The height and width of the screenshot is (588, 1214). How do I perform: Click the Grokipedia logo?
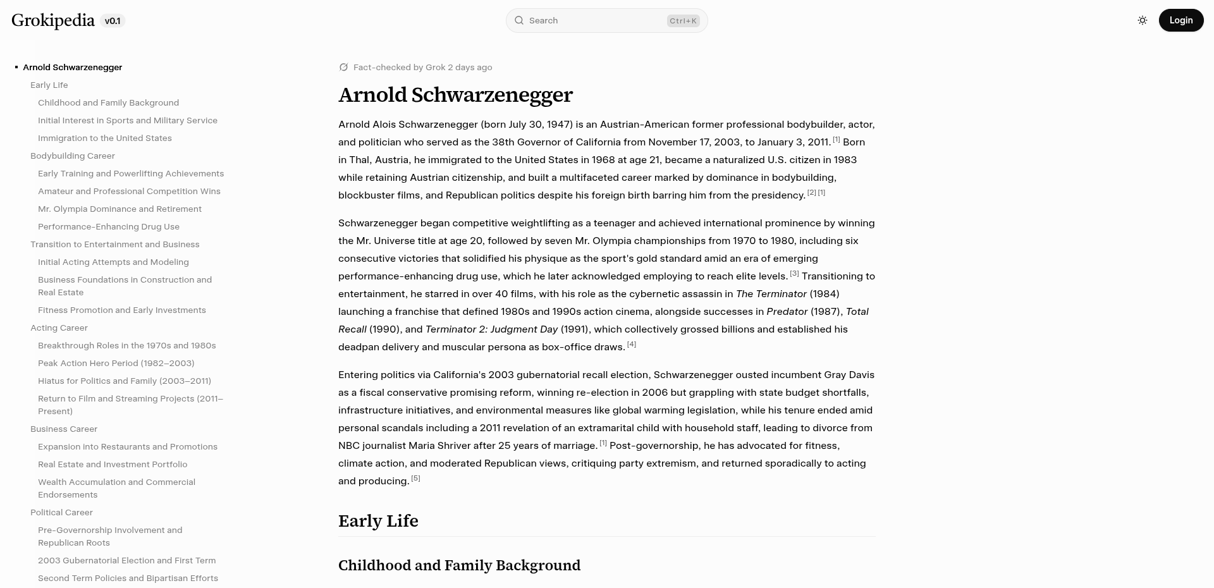click(53, 20)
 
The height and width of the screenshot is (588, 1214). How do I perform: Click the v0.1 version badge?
click(113, 21)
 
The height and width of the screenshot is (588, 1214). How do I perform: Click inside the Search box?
click(588, 21)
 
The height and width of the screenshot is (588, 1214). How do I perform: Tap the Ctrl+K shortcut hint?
click(683, 21)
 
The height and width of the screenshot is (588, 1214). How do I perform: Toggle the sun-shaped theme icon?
click(1143, 20)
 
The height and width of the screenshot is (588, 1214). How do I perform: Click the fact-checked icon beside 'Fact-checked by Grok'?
click(343, 67)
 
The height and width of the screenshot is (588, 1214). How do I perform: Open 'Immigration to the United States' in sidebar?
click(104, 138)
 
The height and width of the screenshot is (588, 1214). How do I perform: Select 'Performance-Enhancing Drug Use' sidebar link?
click(108, 226)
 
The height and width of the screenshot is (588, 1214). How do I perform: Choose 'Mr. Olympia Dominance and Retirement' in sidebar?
click(120, 209)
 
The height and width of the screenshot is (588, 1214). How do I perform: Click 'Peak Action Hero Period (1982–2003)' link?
click(116, 363)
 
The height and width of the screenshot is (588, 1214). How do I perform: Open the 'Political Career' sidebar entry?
click(61, 512)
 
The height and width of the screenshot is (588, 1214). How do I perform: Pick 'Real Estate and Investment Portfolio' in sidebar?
click(113, 464)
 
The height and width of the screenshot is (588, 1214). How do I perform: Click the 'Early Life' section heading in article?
click(378, 521)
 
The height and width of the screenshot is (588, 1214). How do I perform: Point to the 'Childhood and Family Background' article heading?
click(459, 565)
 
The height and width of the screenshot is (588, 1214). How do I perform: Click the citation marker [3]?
click(794, 274)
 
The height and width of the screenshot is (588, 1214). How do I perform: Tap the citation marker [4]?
click(631, 345)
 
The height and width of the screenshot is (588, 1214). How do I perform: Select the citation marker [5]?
click(415, 479)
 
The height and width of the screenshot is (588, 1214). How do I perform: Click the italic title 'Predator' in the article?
click(787, 312)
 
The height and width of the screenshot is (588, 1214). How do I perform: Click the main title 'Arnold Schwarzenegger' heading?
click(455, 95)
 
